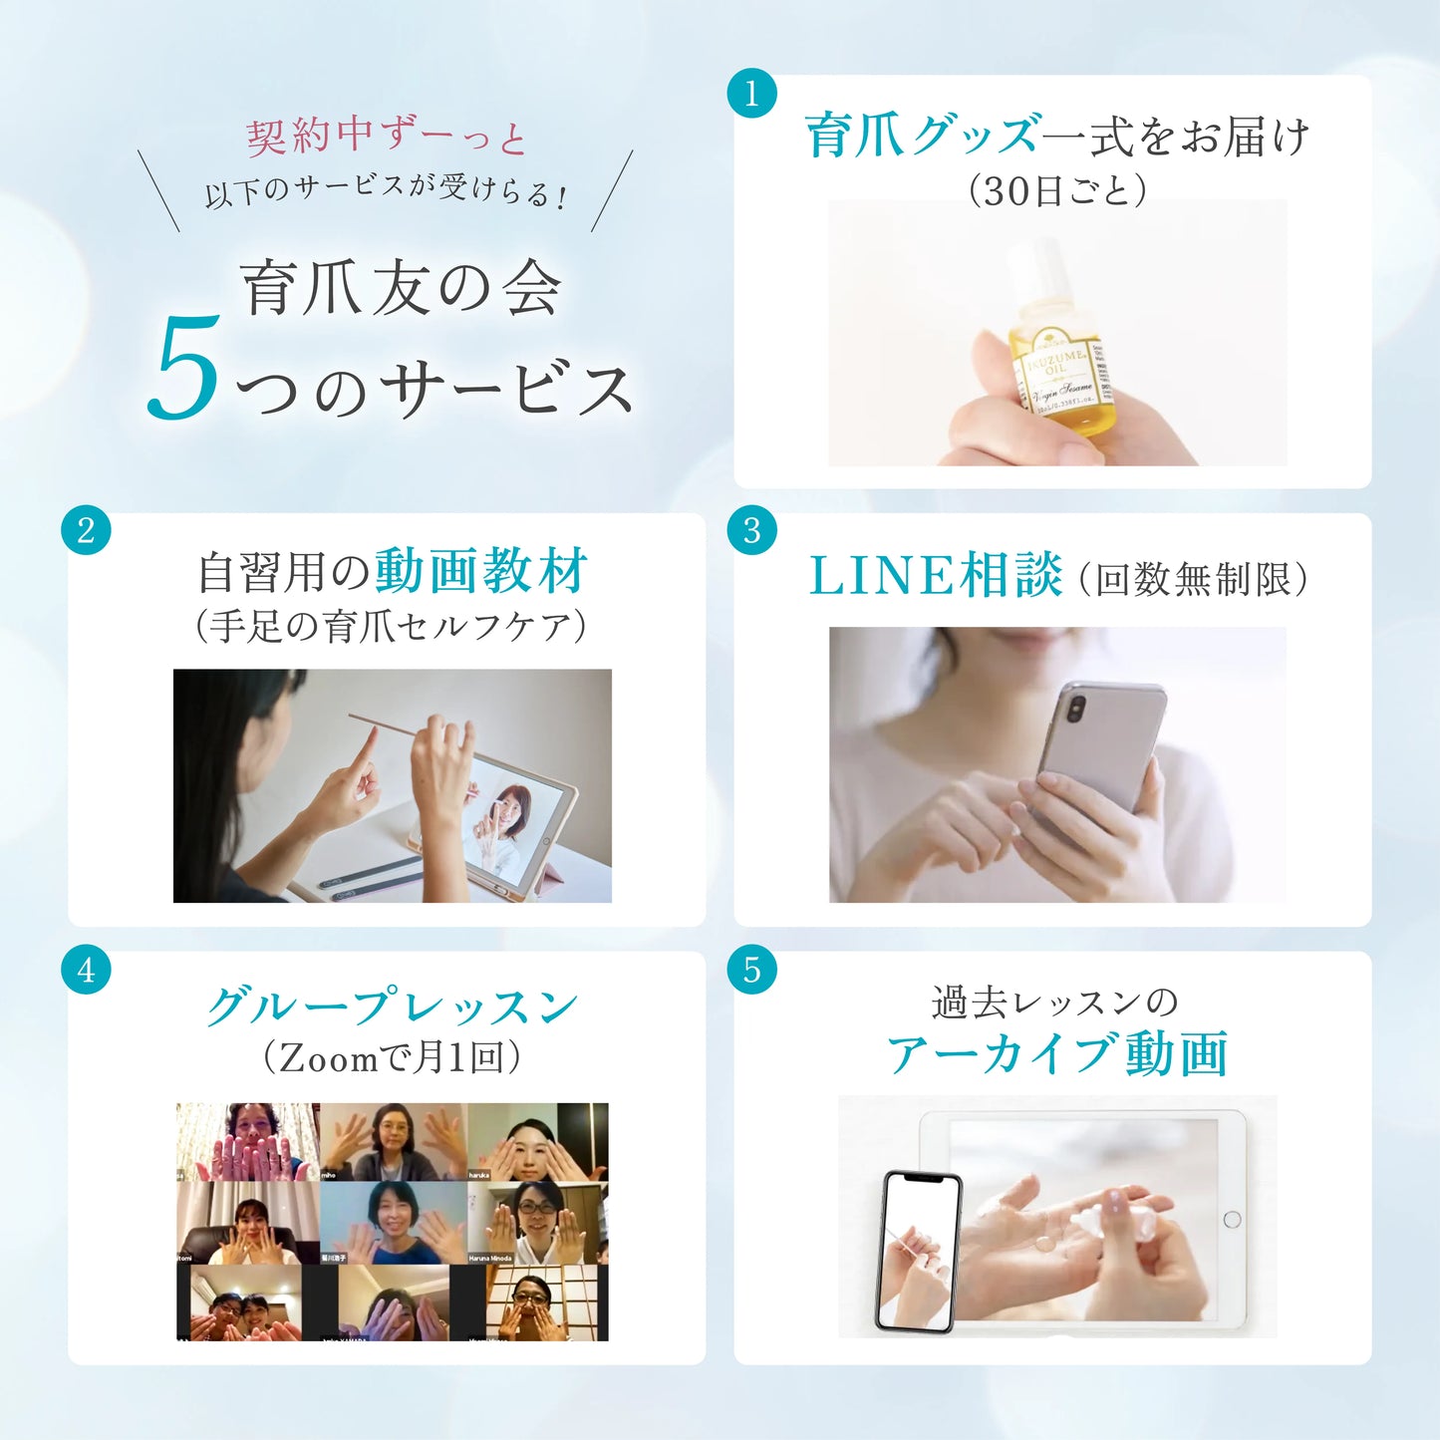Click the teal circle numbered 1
751,94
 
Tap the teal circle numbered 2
86,529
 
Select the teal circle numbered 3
751,529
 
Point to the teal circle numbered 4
86,969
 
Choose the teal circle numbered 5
751,969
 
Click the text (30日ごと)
1057,189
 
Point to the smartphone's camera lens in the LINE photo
1076,709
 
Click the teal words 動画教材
481,571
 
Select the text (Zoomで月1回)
391,1057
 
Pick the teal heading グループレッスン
392,1007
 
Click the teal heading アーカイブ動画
1057,1054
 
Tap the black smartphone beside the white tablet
919,1251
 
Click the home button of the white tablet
1232,1219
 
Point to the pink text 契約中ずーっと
386,137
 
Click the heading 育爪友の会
402,289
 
